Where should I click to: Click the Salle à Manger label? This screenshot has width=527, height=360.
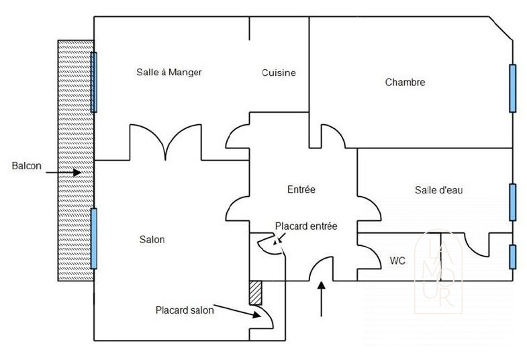coord(169,73)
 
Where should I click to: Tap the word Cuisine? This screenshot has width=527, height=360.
coord(279,73)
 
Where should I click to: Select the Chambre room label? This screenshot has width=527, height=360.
coord(405,82)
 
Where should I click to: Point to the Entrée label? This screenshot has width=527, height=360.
coord(301,189)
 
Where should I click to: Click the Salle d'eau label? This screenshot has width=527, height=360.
coord(438,190)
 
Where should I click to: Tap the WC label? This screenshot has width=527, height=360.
coord(397,261)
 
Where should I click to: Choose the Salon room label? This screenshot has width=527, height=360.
coord(152,239)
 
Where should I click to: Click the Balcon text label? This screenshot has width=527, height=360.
coord(27,166)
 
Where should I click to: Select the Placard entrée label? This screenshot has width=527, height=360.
coord(306,226)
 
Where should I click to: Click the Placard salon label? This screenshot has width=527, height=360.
coord(185,310)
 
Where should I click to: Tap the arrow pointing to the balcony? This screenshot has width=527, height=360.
coord(64,173)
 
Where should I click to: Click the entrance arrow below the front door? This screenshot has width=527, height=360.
coord(322,299)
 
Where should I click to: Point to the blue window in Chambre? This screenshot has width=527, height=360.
coord(512,88)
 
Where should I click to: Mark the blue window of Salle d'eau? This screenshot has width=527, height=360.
coord(512,202)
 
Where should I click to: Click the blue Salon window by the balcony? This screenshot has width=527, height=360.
coord(94,238)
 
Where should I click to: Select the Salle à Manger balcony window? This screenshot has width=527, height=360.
coord(94,82)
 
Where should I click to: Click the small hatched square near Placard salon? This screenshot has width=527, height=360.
coord(255,293)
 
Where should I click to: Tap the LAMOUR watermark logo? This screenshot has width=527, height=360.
coord(438,271)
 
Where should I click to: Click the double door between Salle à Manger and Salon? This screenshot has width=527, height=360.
coord(165,142)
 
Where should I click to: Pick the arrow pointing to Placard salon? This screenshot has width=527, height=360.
coord(237,311)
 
